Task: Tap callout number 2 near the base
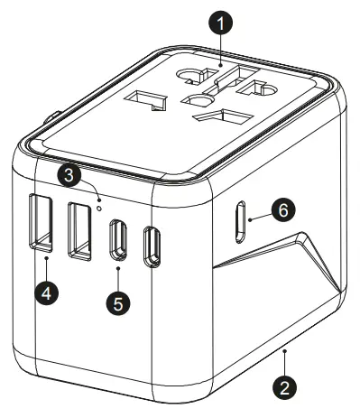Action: (285, 388)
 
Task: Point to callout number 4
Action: (45, 293)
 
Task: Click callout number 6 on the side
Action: (282, 210)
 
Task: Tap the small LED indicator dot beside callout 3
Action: (98, 191)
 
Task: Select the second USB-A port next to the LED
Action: (79, 228)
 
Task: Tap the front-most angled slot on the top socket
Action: (223, 116)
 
